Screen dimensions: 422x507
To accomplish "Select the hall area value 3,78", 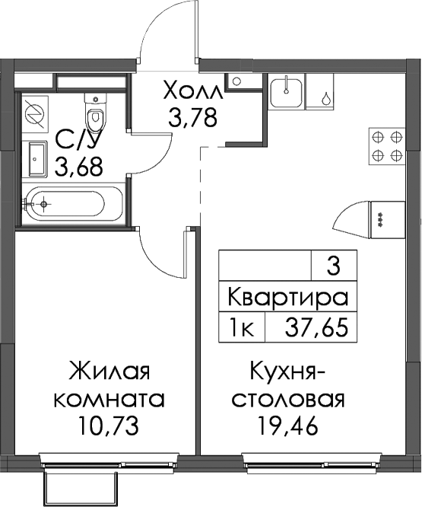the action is coord(192,117).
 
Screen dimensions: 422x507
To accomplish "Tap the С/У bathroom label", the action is coord(76,140).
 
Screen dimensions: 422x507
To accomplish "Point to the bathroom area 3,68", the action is coord(79,166).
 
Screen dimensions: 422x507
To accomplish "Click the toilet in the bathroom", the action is coord(95,113).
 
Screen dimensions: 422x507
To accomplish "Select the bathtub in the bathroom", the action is coord(72,204).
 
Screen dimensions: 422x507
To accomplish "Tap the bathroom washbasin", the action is coord(38,159).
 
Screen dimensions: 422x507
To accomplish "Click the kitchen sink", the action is coord(287,94).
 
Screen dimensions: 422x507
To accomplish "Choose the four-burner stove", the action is coord(387,146).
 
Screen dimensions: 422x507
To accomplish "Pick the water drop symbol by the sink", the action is coord(327,98).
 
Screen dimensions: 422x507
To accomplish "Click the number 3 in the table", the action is coord(334,266).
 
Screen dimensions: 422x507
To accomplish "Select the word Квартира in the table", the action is coord(288,297).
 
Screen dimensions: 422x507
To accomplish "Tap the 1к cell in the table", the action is coord(242,327).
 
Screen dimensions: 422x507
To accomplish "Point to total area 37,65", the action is coord(316,327).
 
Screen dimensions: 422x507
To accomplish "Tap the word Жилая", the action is coord(109,371).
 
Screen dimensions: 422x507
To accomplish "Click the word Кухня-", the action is coord(287,371).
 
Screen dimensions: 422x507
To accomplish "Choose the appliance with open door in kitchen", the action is coord(369,219).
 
